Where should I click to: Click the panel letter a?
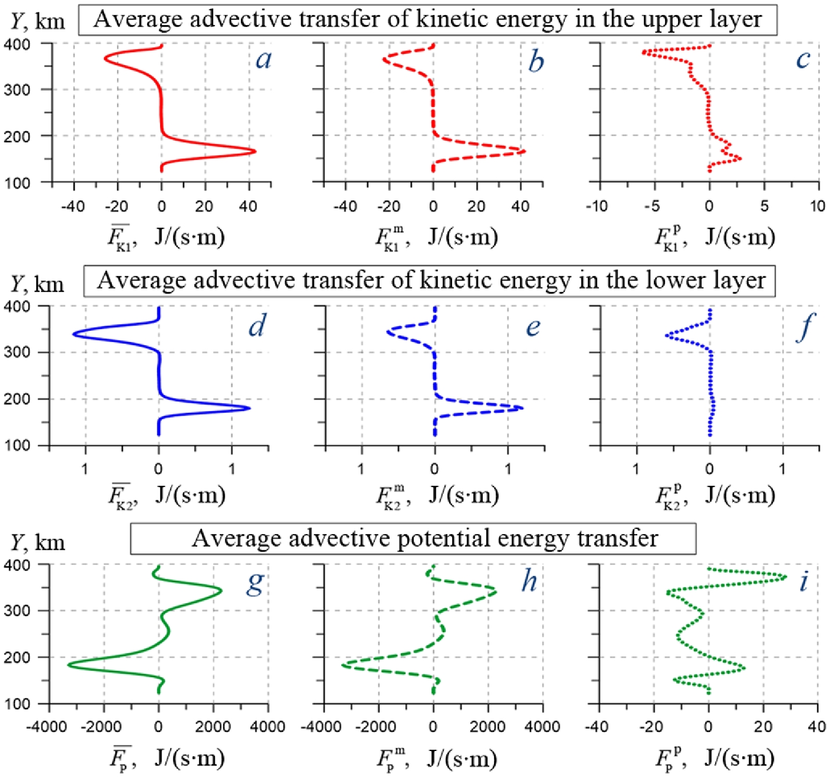264,59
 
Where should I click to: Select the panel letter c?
803,59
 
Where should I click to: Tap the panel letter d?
257,325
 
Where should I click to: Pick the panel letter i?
804,581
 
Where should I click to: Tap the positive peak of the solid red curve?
255,151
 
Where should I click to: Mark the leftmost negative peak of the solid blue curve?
74,335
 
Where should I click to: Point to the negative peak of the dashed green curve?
343,665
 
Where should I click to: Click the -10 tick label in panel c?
598,206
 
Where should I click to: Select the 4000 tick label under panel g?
268,727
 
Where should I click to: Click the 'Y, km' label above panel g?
38,543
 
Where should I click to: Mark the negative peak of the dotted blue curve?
666,335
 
